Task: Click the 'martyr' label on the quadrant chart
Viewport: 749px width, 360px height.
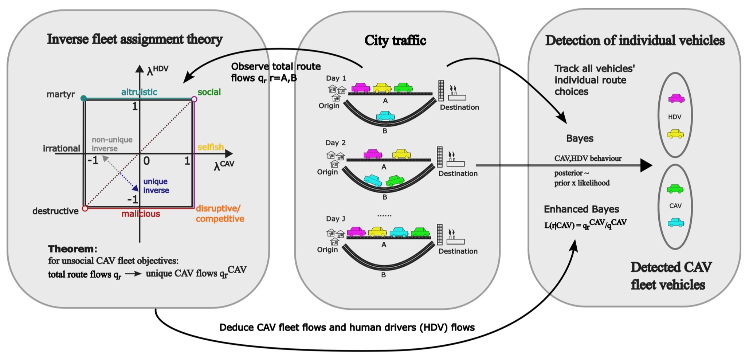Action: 60,95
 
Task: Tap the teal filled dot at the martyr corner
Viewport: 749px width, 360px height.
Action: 83,98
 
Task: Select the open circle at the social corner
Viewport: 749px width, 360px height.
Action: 194,99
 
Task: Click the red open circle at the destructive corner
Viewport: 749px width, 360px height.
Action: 85,208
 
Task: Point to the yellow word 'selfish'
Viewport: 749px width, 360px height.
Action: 211,147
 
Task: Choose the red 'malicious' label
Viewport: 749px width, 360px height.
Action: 141,214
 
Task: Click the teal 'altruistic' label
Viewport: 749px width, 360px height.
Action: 139,92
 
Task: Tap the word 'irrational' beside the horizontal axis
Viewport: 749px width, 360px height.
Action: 61,149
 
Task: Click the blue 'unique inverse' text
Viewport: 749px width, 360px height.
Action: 156,186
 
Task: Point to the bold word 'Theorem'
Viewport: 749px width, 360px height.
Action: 71,249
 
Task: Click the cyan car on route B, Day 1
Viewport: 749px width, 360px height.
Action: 385,116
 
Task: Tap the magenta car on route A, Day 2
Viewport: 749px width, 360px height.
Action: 373,154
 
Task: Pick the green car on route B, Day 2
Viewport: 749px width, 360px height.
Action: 395,180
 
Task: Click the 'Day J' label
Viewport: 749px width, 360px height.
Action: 336,219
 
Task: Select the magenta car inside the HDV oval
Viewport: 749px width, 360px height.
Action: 677,98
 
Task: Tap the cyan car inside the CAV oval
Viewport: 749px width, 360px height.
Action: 676,223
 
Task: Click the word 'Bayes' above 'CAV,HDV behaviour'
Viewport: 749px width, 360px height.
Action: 580,139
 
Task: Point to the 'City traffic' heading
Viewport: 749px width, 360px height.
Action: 395,40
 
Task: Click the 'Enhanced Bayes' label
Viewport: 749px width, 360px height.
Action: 581,210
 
